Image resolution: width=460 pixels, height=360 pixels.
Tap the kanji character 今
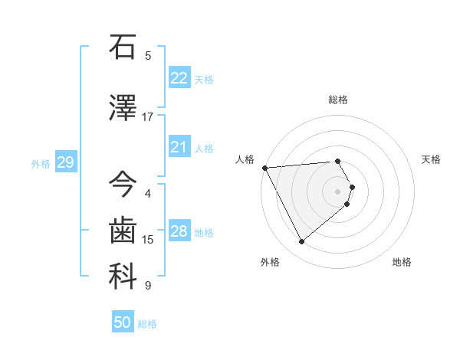coord(123,185)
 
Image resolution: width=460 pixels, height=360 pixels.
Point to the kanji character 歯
coord(123,231)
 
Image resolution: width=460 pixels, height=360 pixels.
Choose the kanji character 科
coord(123,277)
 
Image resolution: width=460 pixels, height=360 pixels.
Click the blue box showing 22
coord(179,77)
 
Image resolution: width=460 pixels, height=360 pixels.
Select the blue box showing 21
coord(179,146)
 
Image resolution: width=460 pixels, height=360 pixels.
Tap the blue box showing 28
coord(179,231)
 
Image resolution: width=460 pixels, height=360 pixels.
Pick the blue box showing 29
coord(65,162)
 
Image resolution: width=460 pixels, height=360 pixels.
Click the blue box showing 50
coord(123,322)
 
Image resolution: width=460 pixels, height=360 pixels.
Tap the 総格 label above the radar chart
coord(338,100)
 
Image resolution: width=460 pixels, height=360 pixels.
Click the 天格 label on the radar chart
coord(432,159)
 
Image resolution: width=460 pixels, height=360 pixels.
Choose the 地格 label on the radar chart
coord(402,262)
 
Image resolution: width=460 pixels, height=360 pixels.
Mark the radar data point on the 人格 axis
coord(264,167)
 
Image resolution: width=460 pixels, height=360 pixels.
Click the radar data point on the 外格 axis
coord(301,242)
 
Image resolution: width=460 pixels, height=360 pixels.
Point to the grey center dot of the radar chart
coord(338,191)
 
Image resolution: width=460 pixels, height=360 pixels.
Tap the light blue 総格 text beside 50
coord(147,324)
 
